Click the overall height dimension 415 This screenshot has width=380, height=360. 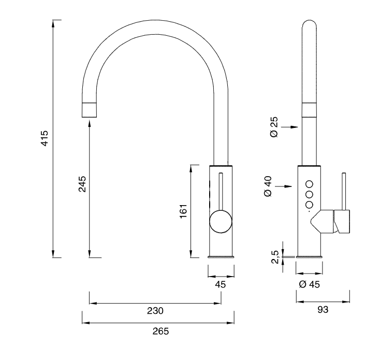(x=45, y=138)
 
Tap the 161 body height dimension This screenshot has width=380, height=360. (x=183, y=211)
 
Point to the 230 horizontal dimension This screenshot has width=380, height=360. (x=156, y=311)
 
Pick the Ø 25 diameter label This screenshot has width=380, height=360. (x=274, y=126)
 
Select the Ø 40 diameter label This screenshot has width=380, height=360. (x=268, y=186)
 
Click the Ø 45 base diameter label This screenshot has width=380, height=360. (x=309, y=284)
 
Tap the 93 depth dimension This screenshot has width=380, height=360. (x=323, y=310)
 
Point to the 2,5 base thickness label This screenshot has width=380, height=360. (x=275, y=256)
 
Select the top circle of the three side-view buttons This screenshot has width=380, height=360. (x=310, y=183)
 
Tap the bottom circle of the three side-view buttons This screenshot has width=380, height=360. (x=310, y=205)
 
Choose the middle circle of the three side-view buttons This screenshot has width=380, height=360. (x=310, y=194)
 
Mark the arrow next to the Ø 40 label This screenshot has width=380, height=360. (x=286, y=186)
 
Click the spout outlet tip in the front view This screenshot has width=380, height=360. (x=89, y=109)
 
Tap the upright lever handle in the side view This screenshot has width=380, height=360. (x=343, y=192)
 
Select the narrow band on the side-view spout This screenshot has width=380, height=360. (x=310, y=108)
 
